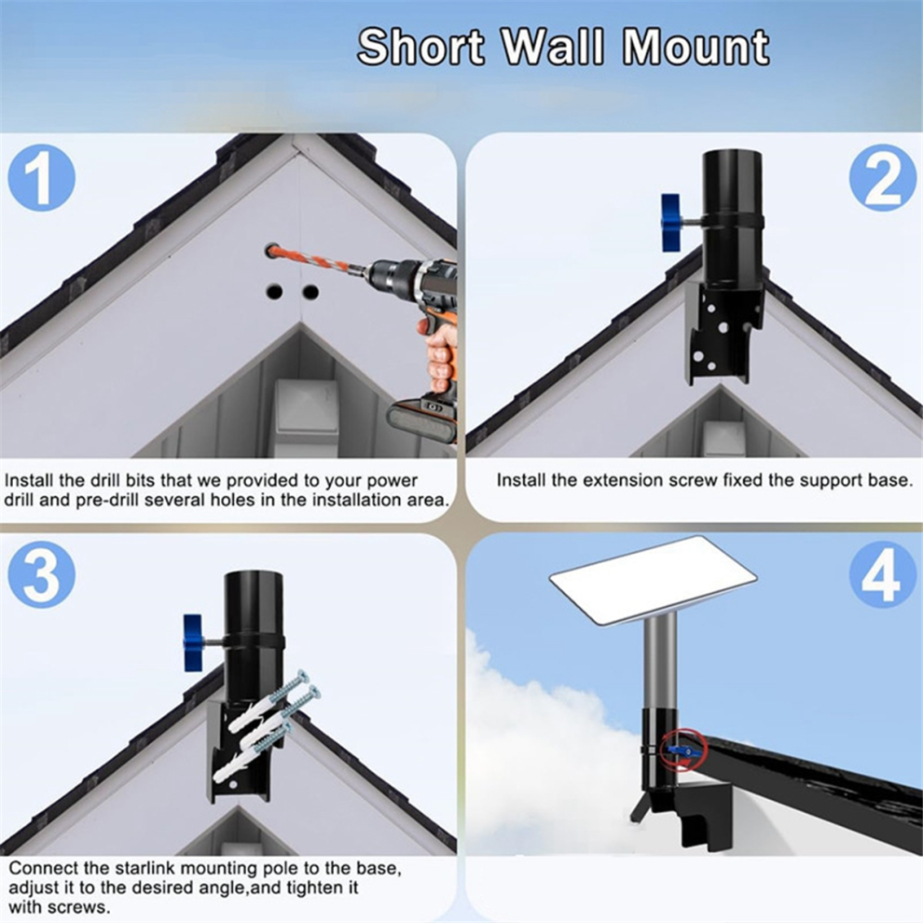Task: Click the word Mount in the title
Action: (x=696, y=48)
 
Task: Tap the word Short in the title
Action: (x=421, y=48)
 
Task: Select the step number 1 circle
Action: (x=41, y=177)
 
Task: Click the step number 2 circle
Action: (x=883, y=177)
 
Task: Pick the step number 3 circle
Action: (x=41, y=575)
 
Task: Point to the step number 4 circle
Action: (x=883, y=575)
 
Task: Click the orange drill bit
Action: (x=318, y=261)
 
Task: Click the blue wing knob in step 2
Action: (x=671, y=222)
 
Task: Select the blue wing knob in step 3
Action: (x=193, y=642)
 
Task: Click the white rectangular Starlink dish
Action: (x=653, y=581)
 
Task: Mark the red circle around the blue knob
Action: (x=682, y=750)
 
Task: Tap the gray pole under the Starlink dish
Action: (x=660, y=661)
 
